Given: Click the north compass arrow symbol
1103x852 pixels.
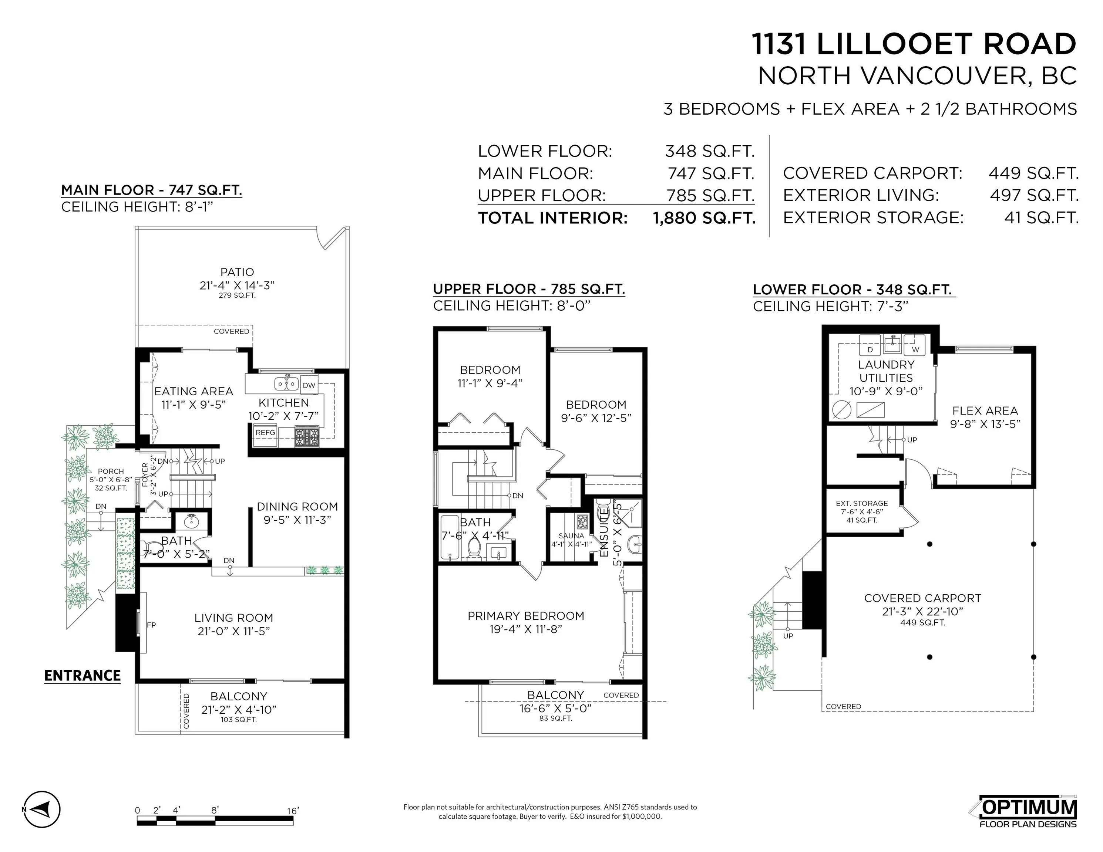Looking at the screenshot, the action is click(x=42, y=809).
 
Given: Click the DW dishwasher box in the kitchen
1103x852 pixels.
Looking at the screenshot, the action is click(x=309, y=385).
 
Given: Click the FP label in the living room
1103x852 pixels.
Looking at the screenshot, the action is click(x=151, y=625).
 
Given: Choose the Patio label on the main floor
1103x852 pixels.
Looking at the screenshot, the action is click(x=237, y=272).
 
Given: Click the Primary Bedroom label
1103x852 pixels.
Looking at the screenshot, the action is click(x=526, y=616).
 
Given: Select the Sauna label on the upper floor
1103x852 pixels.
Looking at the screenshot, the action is click(x=571, y=535).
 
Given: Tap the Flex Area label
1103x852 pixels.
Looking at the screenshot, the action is click(x=985, y=411).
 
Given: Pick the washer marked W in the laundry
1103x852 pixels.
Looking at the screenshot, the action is click(x=915, y=345).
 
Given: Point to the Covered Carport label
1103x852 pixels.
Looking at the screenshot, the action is click(x=923, y=598).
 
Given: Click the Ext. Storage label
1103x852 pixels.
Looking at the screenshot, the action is click(x=862, y=503).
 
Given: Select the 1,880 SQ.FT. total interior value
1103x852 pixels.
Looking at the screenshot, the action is click(x=704, y=218).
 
